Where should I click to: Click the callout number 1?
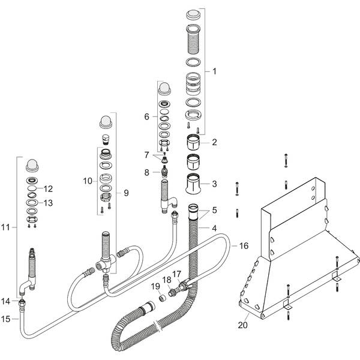214,71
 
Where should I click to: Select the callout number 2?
214,142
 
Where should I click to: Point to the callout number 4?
214,228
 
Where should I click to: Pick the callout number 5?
214,211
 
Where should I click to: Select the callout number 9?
126,193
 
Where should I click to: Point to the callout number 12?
49,188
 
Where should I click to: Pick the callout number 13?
49,203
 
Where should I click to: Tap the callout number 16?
243,245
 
